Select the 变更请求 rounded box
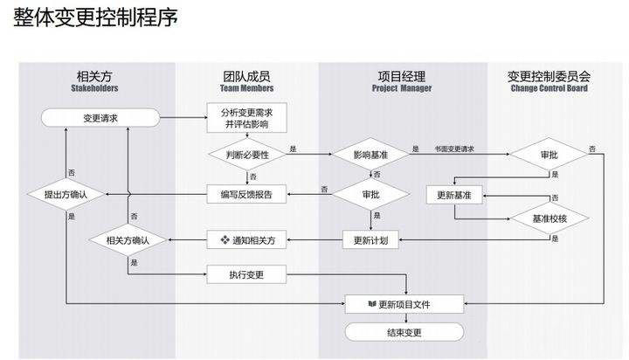click(x=100, y=117)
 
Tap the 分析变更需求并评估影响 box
click(x=246, y=117)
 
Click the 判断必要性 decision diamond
click(x=246, y=154)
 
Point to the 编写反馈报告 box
click(x=246, y=194)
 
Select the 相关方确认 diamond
click(x=128, y=239)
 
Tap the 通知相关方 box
click(x=246, y=239)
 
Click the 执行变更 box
click(x=246, y=275)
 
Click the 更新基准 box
click(x=453, y=194)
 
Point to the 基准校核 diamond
click(x=550, y=217)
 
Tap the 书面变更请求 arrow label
click(x=454, y=149)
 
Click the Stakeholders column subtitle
click(x=94, y=88)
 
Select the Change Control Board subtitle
click(x=549, y=88)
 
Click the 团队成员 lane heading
click(x=246, y=75)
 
